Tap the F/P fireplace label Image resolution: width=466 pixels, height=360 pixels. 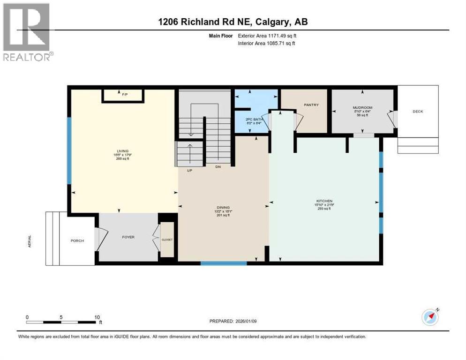click(x=125, y=95)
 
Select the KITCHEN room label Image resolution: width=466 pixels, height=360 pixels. click(x=323, y=201)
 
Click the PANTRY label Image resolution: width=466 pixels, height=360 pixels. click(x=311, y=105)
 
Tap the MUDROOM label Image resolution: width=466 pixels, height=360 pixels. click(x=362, y=108)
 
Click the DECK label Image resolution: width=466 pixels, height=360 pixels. click(x=418, y=112)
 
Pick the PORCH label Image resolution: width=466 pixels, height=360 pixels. click(x=77, y=241)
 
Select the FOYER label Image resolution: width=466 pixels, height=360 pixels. click(x=128, y=237)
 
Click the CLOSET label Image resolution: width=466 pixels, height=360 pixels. click(x=167, y=240)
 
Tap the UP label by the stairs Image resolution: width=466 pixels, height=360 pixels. click(x=190, y=170)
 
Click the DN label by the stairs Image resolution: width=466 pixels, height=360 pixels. click(x=218, y=167)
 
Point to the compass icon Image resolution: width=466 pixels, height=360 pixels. click(x=430, y=317)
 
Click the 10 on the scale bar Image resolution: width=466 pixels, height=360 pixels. click(x=97, y=317)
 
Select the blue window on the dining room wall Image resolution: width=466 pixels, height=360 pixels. click(x=224, y=263)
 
